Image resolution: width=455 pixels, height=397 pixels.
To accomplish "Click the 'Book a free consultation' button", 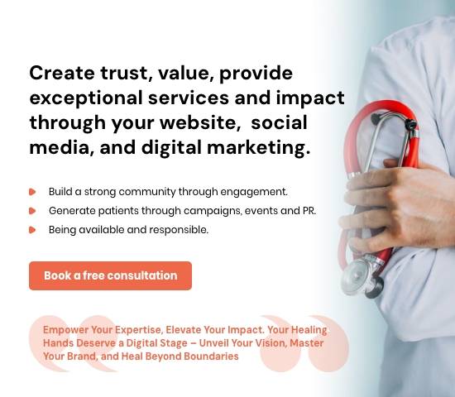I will point(110,275).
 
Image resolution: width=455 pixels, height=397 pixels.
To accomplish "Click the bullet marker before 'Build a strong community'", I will point(32,191).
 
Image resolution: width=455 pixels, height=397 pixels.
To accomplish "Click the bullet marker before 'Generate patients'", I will point(32,210).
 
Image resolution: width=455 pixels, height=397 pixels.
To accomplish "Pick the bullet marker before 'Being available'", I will point(32,229).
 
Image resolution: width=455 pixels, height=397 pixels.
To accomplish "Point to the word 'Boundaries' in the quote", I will point(211,356).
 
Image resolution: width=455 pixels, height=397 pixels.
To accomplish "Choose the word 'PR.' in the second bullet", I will point(308,210).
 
